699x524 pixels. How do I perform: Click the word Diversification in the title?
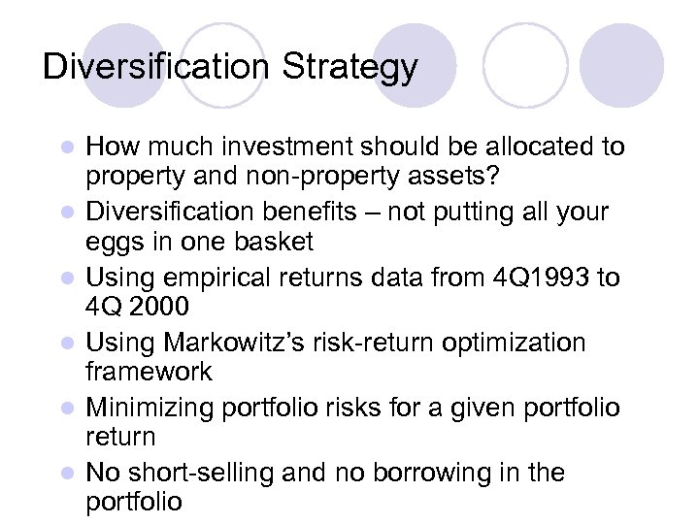point(156,68)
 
